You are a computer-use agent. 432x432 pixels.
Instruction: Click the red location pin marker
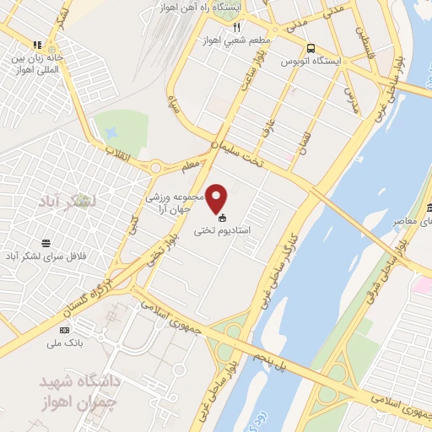click(218, 198)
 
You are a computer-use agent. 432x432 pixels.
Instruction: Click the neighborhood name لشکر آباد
click(68, 201)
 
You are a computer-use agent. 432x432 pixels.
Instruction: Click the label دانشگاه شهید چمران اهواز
click(77, 389)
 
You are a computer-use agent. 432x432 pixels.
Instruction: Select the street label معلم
click(190, 165)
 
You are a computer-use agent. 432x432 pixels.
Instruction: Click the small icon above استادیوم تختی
click(222, 218)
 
